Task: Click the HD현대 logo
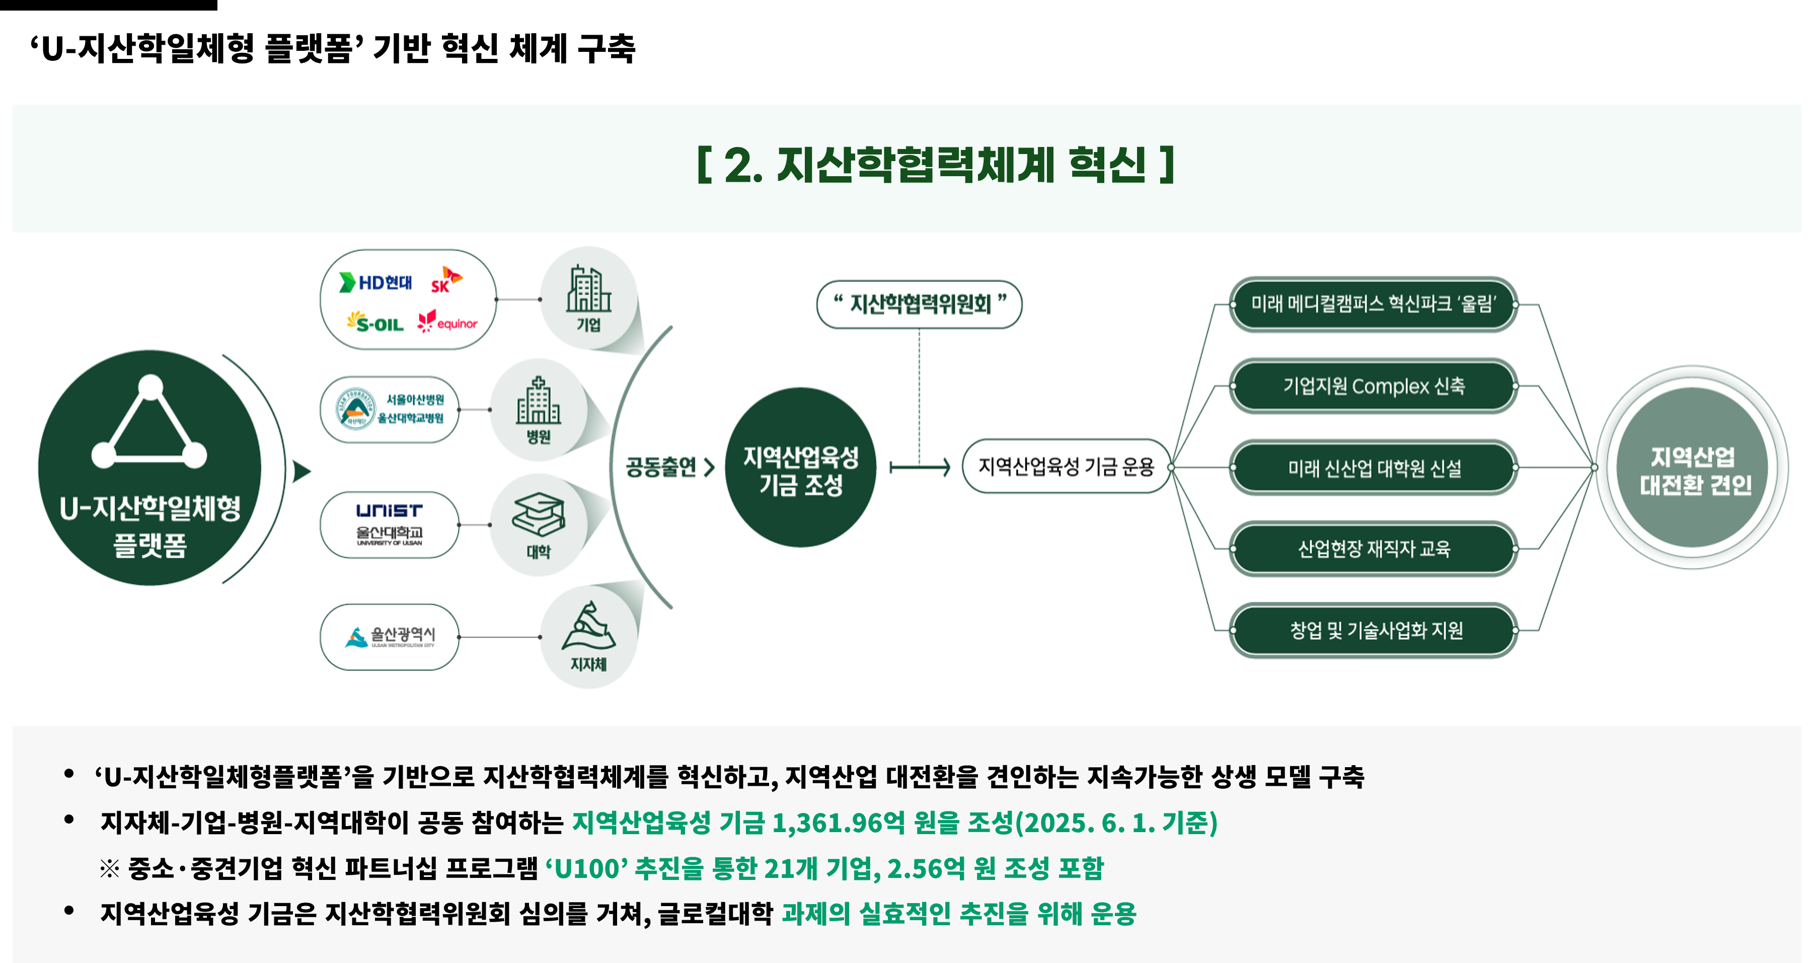(375, 282)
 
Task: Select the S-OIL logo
(375, 323)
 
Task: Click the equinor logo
(448, 323)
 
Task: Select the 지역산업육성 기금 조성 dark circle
(801, 468)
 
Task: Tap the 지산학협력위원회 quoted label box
(919, 305)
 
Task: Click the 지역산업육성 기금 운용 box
(1066, 466)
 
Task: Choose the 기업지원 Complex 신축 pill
(1373, 386)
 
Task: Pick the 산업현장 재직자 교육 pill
(1373, 549)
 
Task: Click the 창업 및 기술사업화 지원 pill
(1373, 630)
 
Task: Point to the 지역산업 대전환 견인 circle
(1694, 469)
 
